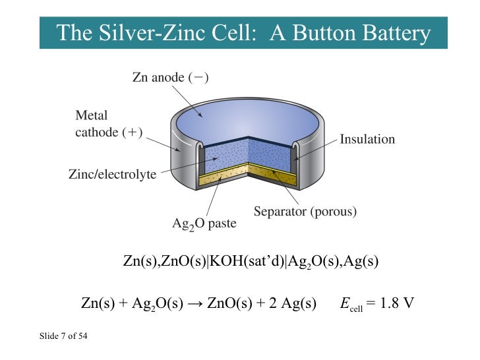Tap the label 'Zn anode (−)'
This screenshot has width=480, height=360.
click(170, 78)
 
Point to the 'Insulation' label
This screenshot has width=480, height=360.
click(367, 139)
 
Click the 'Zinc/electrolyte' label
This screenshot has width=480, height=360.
click(112, 175)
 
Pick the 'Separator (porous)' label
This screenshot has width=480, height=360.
click(305, 212)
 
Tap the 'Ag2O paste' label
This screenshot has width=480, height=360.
click(204, 224)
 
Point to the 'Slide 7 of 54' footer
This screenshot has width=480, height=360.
click(64, 338)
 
